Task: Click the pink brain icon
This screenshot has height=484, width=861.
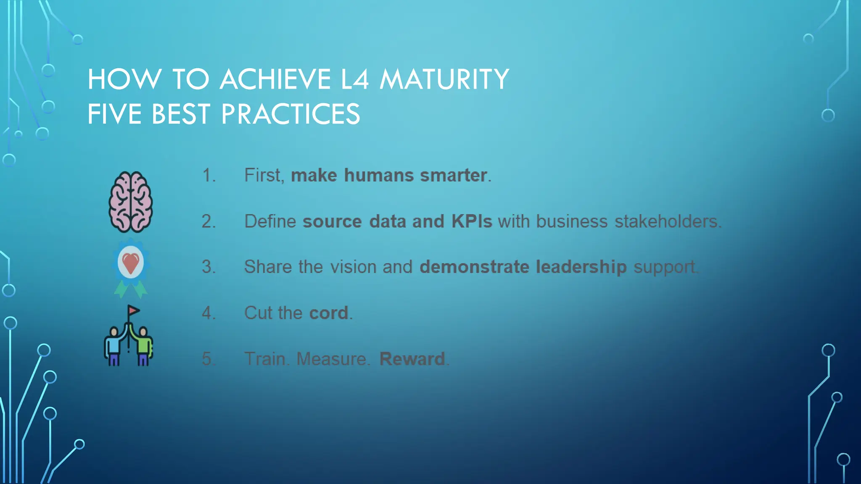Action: click(x=130, y=202)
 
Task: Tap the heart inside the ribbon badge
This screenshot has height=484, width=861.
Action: click(x=130, y=262)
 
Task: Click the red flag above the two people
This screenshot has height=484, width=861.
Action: click(x=134, y=311)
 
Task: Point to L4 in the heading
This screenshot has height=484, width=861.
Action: click(x=354, y=79)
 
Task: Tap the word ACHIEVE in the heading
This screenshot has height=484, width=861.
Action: click(x=275, y=79)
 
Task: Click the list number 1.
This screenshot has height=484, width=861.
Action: click(x=209, y=176)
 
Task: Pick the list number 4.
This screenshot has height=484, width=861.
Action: click(x=209, y=313)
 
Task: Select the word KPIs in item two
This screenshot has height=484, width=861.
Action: click(x=471, y=221)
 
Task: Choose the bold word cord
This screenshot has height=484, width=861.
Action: click(x=329, y=313)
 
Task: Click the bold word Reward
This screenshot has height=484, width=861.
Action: click(x=412, y=359)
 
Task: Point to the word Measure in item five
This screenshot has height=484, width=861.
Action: click(x=332, y=359)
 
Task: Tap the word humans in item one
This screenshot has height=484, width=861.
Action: click(x=378, y=176)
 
